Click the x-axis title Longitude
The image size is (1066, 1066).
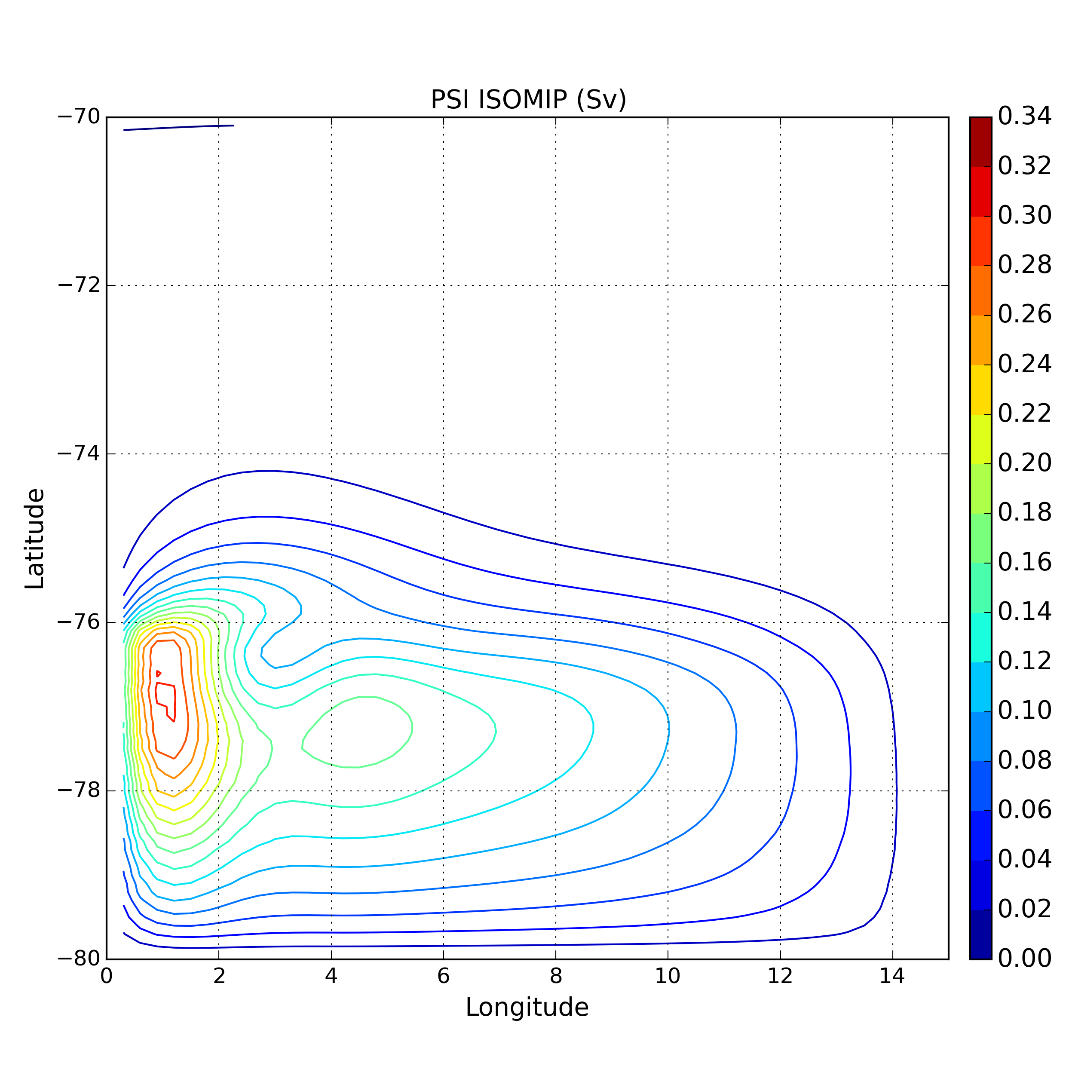click(527, 1008)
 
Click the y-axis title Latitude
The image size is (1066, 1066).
click(35, 539)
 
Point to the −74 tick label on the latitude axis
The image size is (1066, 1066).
click(79, 453)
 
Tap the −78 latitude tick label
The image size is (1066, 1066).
click(79, 790)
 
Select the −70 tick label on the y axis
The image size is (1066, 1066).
click(79, 117)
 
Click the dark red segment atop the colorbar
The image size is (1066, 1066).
click(980, 142)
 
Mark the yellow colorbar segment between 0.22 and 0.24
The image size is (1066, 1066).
click(980, 389)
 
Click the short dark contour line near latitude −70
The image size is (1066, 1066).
click(177, 128)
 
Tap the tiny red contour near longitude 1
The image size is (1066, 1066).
click(158, 673)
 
